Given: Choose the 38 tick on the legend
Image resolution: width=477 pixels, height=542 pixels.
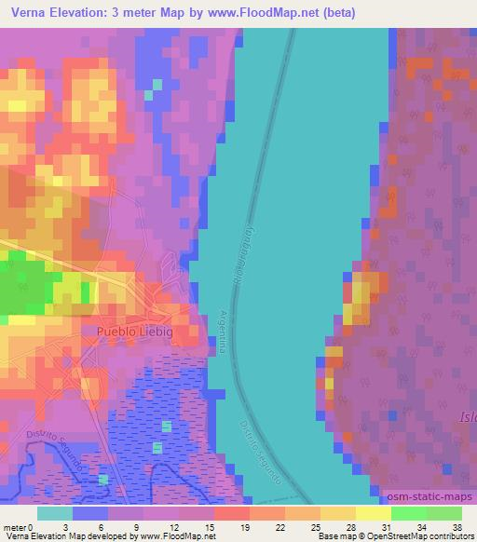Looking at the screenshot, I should [456, 526].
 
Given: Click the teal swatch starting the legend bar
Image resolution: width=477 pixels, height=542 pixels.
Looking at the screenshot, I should [55, 513].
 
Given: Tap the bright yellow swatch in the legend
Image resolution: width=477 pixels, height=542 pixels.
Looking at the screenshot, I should [374, 513].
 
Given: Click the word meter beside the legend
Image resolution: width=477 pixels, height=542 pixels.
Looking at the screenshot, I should [14, 526].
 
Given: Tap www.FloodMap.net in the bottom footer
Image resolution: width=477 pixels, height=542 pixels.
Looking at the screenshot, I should [172, 536].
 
